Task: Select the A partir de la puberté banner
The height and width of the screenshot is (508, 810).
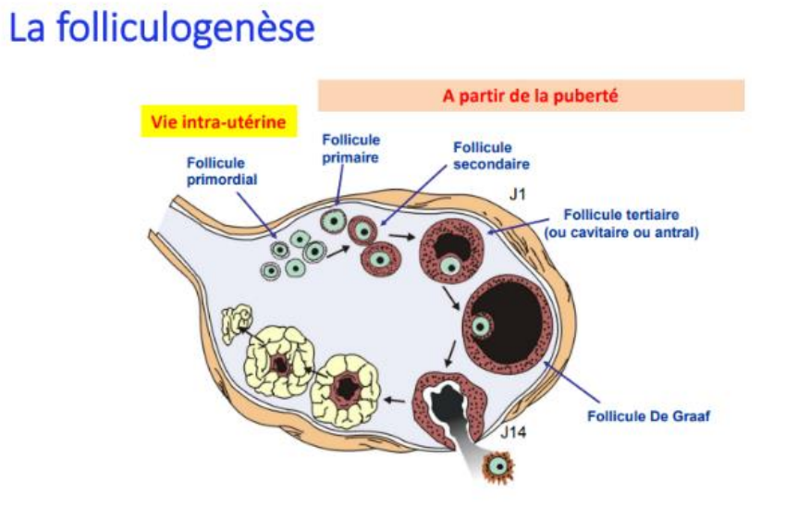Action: (531, 94)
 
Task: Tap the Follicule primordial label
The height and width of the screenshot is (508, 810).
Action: (215, 171)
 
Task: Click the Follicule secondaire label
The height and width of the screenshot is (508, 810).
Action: (491, 156)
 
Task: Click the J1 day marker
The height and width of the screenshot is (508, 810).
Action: (519, 195)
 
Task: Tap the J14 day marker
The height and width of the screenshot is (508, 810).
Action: (514, 433)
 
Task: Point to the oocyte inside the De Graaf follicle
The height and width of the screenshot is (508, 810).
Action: (481, 326)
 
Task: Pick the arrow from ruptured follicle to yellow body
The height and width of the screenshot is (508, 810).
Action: (395, 400)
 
